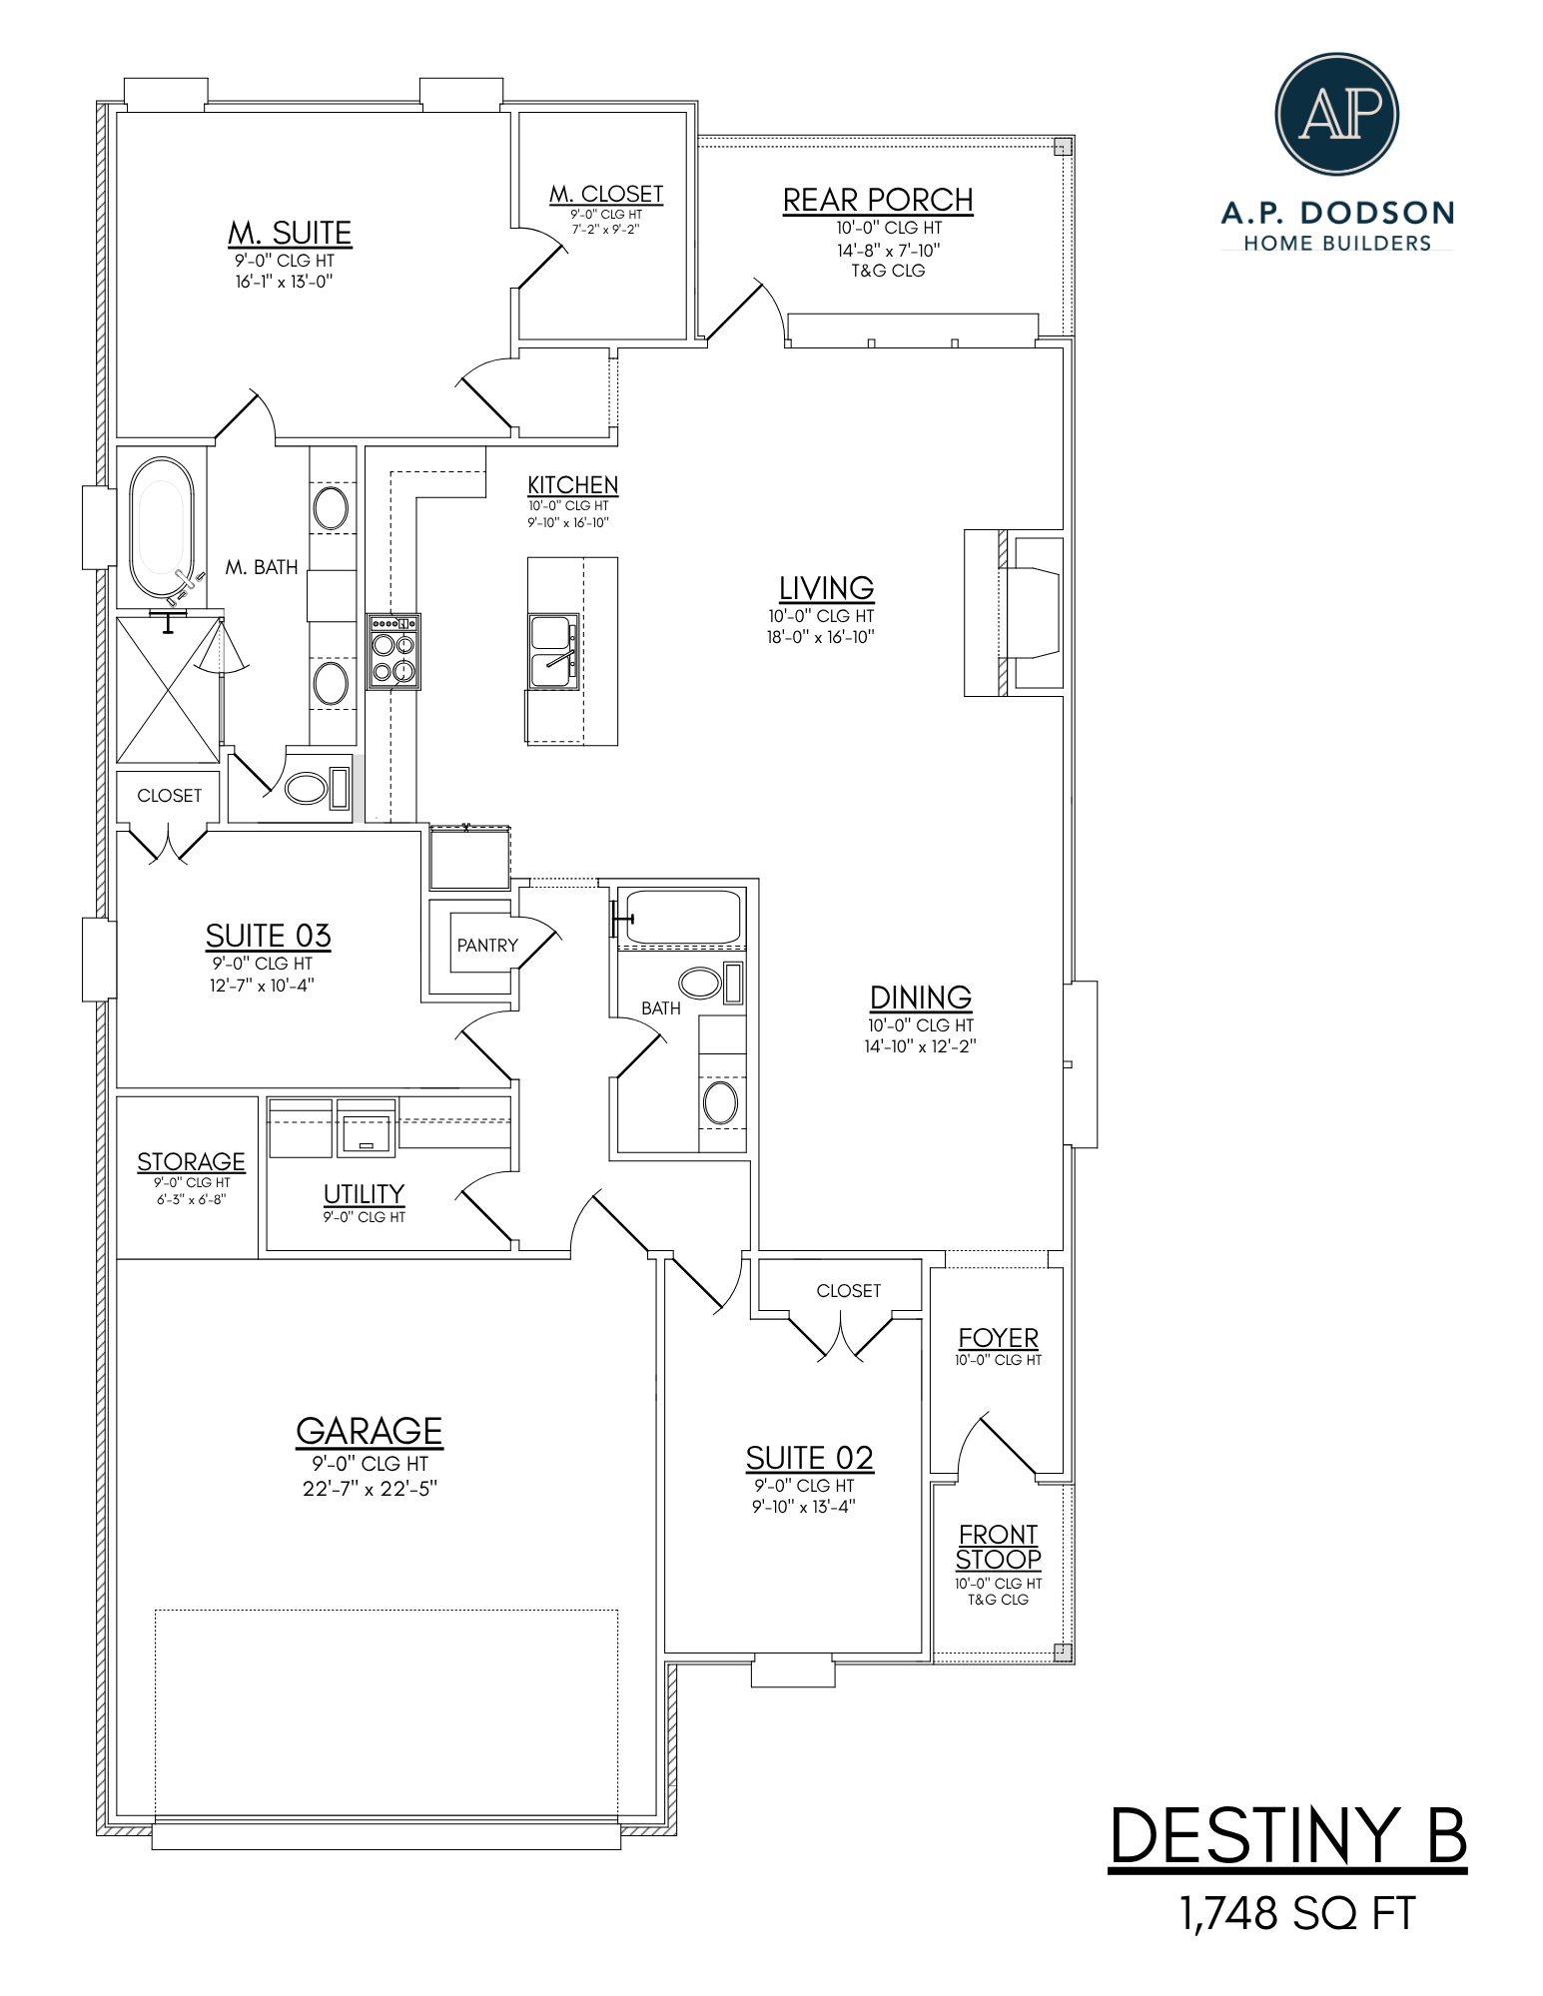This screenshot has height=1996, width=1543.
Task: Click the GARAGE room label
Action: [369, 1431]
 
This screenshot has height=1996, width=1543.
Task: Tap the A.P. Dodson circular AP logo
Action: [1336, 114]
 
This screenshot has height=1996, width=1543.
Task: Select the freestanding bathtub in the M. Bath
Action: [162, 528]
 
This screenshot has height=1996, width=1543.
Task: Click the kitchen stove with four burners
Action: [393, 652]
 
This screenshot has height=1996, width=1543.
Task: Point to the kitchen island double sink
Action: [553, 651]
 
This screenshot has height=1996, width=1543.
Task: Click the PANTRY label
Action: [487, 945]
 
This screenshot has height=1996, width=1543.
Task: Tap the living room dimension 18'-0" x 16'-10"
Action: [820, 637]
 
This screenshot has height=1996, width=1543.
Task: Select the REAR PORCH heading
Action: [877, 200]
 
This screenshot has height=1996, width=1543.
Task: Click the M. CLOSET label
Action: [606, 194]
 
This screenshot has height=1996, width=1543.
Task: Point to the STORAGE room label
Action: [191, 1161]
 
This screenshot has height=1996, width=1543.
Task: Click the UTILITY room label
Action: [364, 1194]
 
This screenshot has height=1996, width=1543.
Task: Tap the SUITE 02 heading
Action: [809, 1458]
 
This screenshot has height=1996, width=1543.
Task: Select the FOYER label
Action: [998, 1337]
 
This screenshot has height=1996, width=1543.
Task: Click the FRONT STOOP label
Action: [998, 1547]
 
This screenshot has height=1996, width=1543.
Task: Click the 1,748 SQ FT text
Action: [1297, 1914]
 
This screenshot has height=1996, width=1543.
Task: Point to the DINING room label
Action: [920, 998]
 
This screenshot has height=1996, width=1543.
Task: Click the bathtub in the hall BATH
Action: [683, 917]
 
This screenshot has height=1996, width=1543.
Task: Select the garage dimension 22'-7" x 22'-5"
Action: [370, 1489]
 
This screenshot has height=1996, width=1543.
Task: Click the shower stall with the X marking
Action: [168, 690]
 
